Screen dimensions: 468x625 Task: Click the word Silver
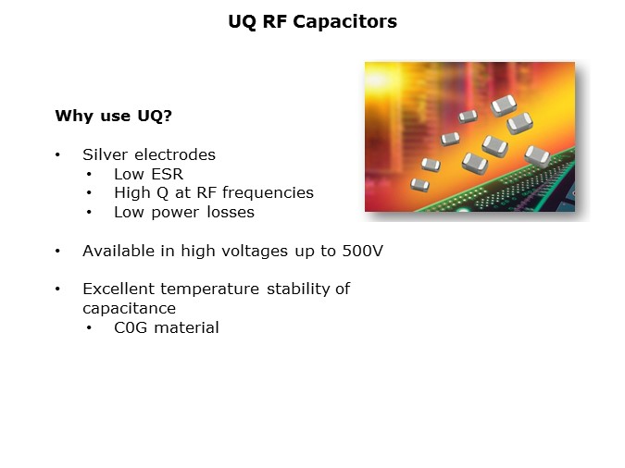(104, 154)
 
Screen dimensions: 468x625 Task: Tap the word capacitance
(129, 308)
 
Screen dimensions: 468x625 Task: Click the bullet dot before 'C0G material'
(90, 327)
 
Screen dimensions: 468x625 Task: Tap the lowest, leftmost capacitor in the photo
(419, 183)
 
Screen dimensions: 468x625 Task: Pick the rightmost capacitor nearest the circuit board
(537, 154)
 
